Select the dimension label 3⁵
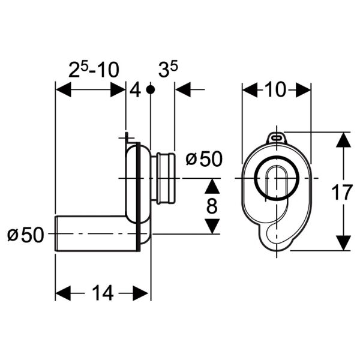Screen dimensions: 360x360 tap(169, 70)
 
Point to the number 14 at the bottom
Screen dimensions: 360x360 tap(102, 293)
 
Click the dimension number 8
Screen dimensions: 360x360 tap(211, 206)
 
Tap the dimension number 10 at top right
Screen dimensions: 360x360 tap(277, 90)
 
